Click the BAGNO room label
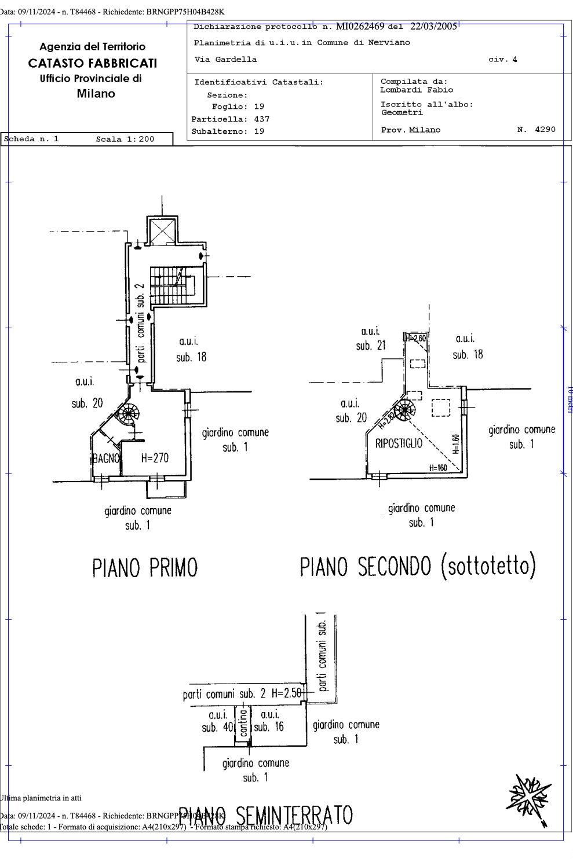[x=106, y=458]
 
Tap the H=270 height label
[x=155, y=458]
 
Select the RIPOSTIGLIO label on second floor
[x=399, y=444]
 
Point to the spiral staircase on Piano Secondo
[x=404, y=411]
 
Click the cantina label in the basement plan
[x=243, y=723]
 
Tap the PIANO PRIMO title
[x=145, y=568]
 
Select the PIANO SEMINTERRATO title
[x=265, y=815]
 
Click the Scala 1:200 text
[x=125, y=139]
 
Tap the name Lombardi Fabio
[x=417, y=90]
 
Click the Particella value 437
[x=261, y=119]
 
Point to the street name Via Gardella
[x=225, y=59]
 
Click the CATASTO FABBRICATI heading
[x=92, y=63]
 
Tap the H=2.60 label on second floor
[x=415, y=338]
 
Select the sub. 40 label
[x=218, y=728]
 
